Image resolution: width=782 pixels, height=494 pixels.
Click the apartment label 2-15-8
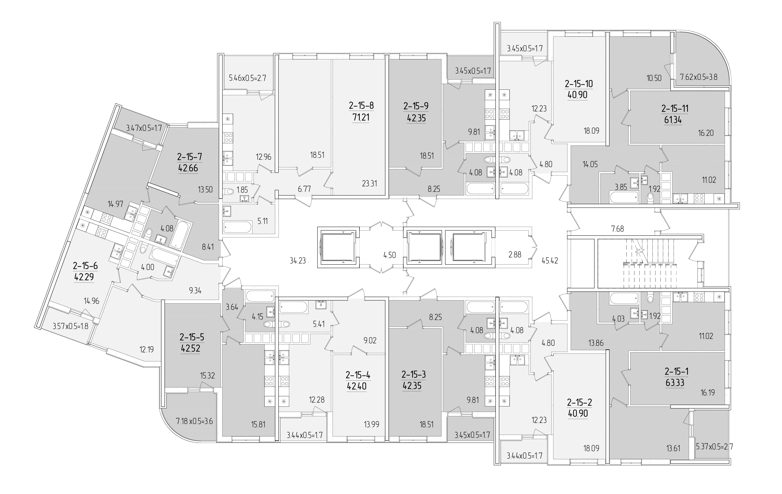(361, 106)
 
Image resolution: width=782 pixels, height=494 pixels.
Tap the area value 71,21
(361, 117)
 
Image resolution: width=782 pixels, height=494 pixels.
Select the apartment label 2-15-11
(675, 108)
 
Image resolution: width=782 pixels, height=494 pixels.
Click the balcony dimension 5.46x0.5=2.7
(247, 78)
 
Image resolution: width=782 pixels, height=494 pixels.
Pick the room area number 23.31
(370, 184)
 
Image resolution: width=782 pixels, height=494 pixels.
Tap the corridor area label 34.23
(297, 260)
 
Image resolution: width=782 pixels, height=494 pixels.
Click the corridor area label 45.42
(550, 260)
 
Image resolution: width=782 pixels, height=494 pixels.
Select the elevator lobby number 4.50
(389, 255)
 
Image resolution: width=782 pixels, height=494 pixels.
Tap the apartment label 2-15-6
(85, 266)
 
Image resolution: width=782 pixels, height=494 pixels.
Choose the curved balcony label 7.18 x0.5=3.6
(194, 422)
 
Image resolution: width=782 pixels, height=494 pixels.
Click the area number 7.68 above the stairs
(617, 229)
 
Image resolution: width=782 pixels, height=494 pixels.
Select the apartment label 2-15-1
(676, 371)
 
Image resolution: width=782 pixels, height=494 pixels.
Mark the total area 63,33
(675, 383)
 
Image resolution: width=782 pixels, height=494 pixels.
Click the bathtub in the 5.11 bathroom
(237, 227)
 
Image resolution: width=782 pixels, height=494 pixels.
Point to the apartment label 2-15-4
(358, 375)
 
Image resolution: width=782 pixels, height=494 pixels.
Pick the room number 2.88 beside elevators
(515, 255)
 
